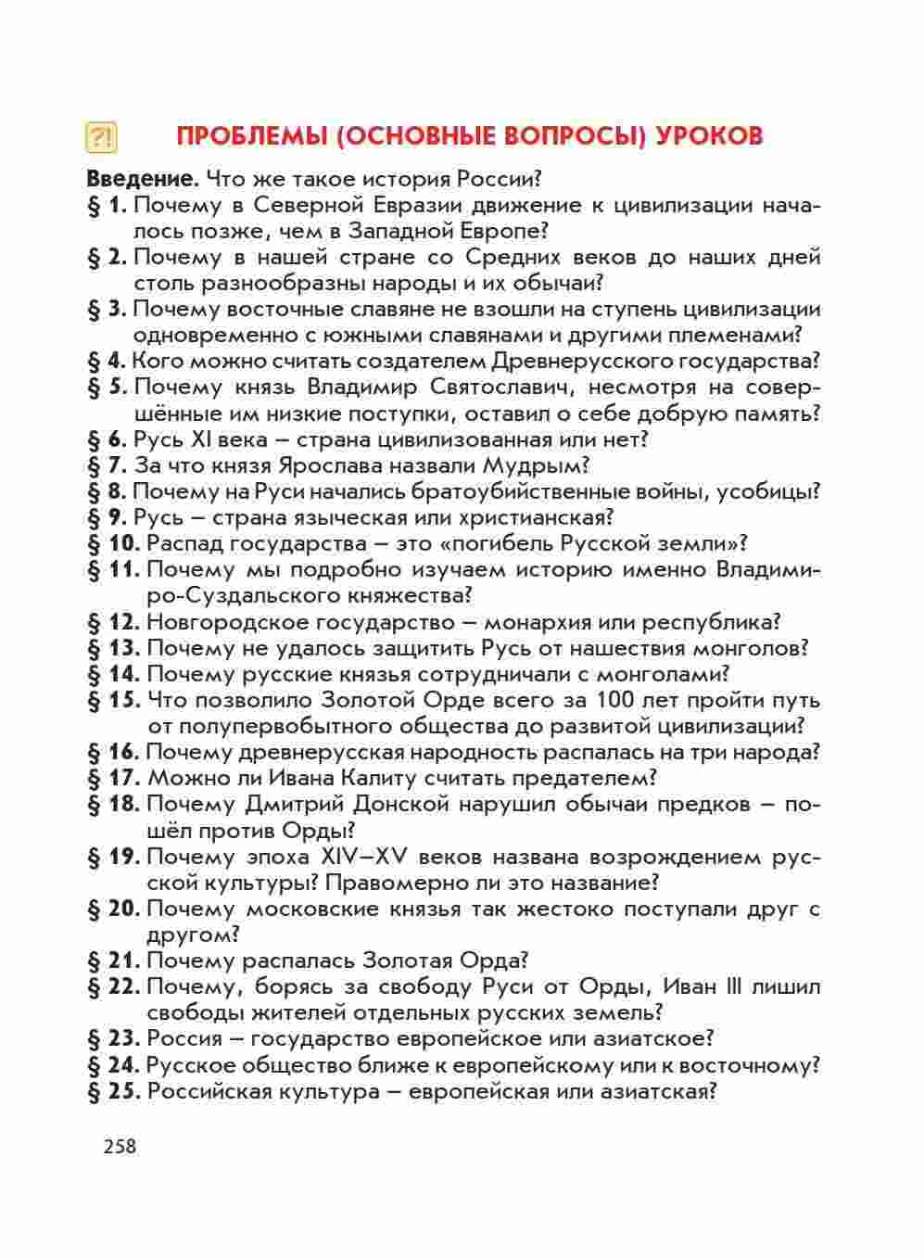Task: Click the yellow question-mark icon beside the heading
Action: (x=101, y=136)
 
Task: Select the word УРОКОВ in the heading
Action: (x=709, y=135)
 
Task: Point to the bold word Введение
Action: (x=143, y=178)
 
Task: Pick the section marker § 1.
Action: (x=107, y=205)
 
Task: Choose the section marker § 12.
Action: (x=113, y=621)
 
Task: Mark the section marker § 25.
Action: (x=113, y=1090)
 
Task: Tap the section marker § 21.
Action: (x=113, y=960)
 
